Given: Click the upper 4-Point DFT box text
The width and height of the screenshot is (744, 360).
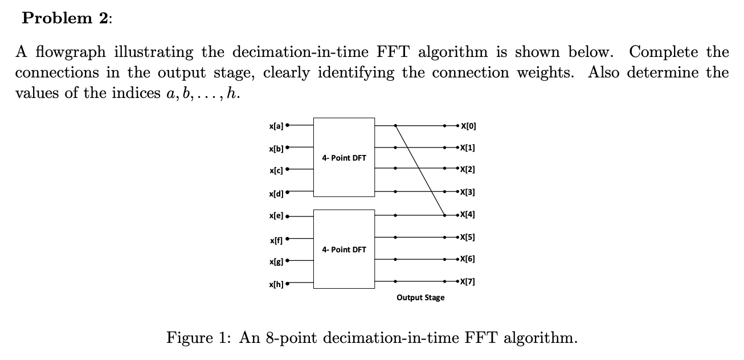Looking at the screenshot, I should point(344,158).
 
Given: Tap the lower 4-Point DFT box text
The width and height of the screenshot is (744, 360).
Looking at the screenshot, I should point(344,249).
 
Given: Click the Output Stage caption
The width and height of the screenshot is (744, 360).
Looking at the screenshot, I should point(420,297).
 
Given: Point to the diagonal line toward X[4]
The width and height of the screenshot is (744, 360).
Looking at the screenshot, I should point(420,170).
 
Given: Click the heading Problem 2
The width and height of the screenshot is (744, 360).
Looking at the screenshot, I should point(67,18).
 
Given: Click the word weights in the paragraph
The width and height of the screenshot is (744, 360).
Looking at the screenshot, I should point(545,73).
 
